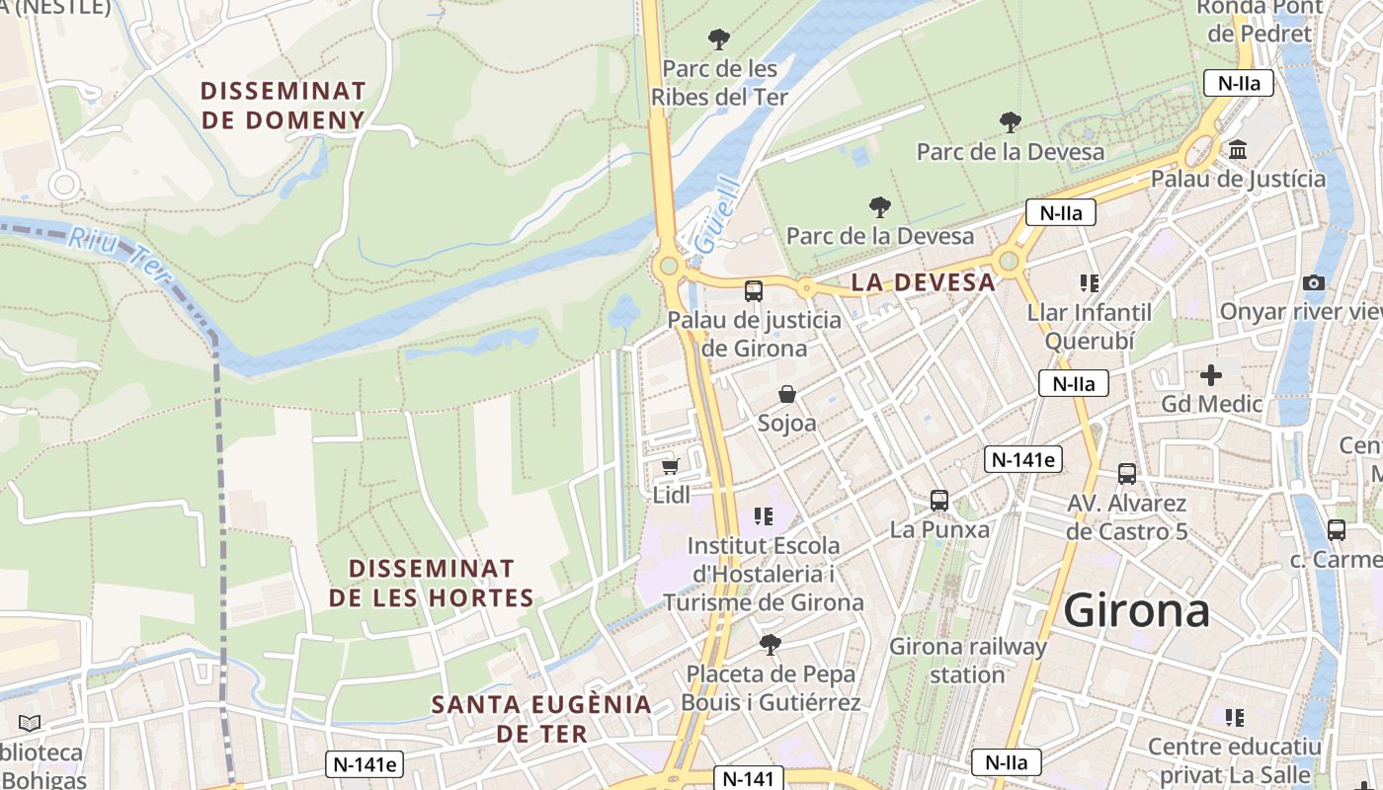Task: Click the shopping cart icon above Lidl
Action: pos(670,467)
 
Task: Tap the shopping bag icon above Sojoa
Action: pos(787,395)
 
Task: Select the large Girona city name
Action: pos(1136,610)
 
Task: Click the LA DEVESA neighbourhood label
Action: pos(923,282)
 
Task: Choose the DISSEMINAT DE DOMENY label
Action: pos(284,106)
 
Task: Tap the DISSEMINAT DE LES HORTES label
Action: pos(432,584)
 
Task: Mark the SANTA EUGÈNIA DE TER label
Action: pos(542,719)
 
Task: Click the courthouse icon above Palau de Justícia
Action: pos(1237,150)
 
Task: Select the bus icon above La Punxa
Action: pos(939,501)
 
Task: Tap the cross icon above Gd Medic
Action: pos(1211,375)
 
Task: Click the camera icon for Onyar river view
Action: pos(1313,283)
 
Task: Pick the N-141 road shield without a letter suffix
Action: pos(747,778)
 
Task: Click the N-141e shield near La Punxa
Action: pos(1022,459)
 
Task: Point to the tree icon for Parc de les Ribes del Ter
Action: pos(719,40)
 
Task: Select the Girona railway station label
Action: pos(967,661)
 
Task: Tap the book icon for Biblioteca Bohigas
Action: pos(30,724)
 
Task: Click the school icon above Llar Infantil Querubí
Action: pos(1090,284)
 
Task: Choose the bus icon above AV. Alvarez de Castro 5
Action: pos(1127,474)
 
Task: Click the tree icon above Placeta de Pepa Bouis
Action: pos(771,646)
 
